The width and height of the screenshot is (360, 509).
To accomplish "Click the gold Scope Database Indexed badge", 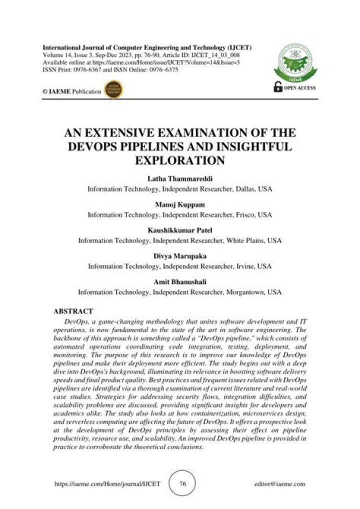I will tap(116, 90).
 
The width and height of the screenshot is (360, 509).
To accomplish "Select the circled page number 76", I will tap(182, 484).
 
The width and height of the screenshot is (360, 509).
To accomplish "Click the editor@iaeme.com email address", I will tap(279, 484).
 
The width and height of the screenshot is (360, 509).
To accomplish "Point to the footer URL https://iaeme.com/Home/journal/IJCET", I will tap(107, 484).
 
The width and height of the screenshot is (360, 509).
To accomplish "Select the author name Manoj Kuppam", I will tap(179, 205).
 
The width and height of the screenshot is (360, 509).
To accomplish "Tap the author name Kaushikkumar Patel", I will tap(179, 231).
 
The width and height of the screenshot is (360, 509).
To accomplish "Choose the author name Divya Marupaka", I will tap(179, 256).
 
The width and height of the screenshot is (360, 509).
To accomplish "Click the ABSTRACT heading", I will tap(73, 311).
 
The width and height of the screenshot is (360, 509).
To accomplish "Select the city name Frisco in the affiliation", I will tap(245, 215).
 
